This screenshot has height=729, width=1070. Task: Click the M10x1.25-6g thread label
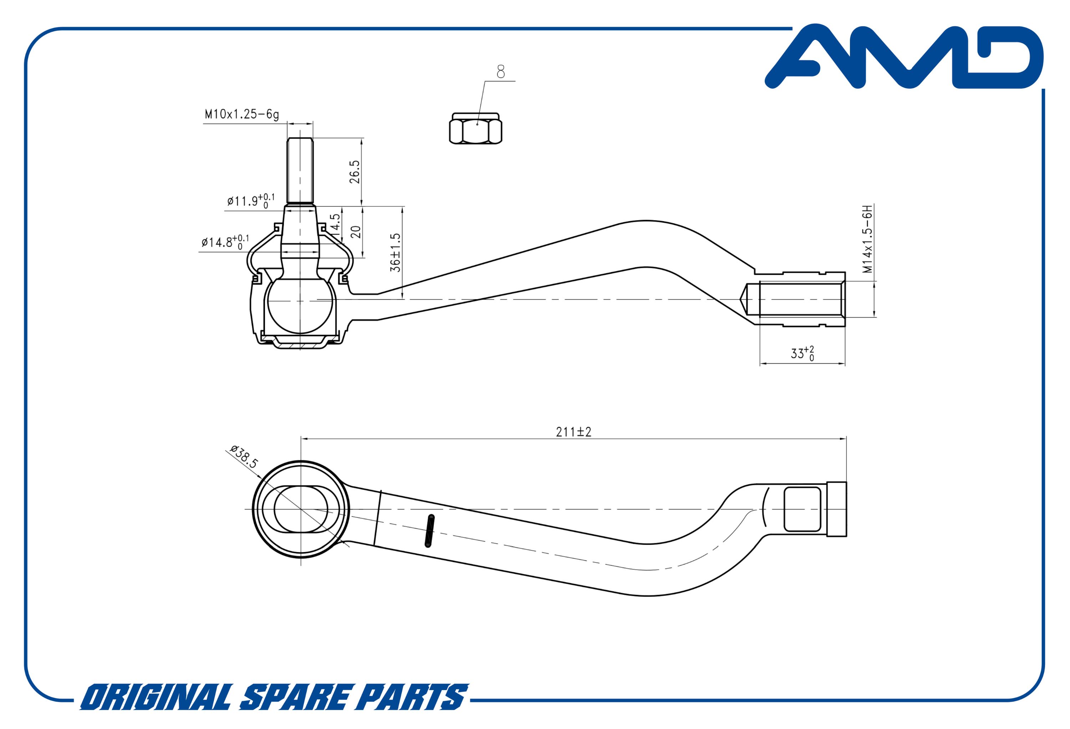(242, 114)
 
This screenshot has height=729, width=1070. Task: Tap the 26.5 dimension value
(355, 172)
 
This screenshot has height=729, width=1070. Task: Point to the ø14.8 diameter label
(225, 242)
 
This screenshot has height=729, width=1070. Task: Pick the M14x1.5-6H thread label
(867, 239)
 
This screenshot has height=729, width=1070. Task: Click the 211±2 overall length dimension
(573, 432)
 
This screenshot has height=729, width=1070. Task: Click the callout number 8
(500, 71)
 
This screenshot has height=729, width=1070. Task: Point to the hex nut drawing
(475, 128)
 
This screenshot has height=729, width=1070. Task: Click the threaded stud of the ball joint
(300, 171)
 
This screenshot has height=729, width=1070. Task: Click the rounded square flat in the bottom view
(802, 509)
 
